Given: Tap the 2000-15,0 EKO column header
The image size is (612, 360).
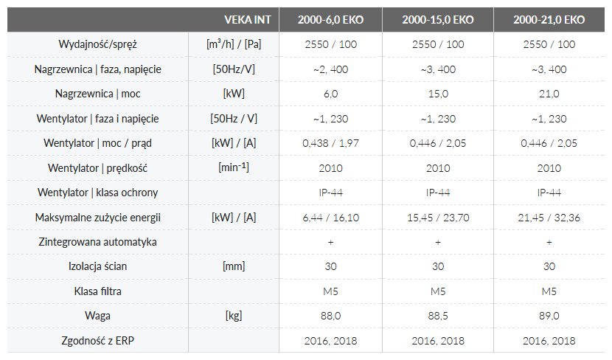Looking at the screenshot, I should point(438,20).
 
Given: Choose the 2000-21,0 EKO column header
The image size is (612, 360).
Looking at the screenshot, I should point(549,20).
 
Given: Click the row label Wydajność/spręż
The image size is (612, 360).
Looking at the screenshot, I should point(98,44).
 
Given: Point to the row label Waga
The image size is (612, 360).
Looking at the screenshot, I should point(98,316).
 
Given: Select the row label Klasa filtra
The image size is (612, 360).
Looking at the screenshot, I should point(98,291).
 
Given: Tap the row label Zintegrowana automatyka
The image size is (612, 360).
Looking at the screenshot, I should point(98,242).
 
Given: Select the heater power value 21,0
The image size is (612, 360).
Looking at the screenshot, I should point(549,94).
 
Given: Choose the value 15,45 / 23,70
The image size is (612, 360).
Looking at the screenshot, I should point(438,217).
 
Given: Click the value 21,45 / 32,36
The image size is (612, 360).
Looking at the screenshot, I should point(549,217).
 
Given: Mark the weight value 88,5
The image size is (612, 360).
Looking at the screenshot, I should point(438,316).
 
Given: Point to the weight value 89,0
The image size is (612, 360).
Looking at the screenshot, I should point(549,316).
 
